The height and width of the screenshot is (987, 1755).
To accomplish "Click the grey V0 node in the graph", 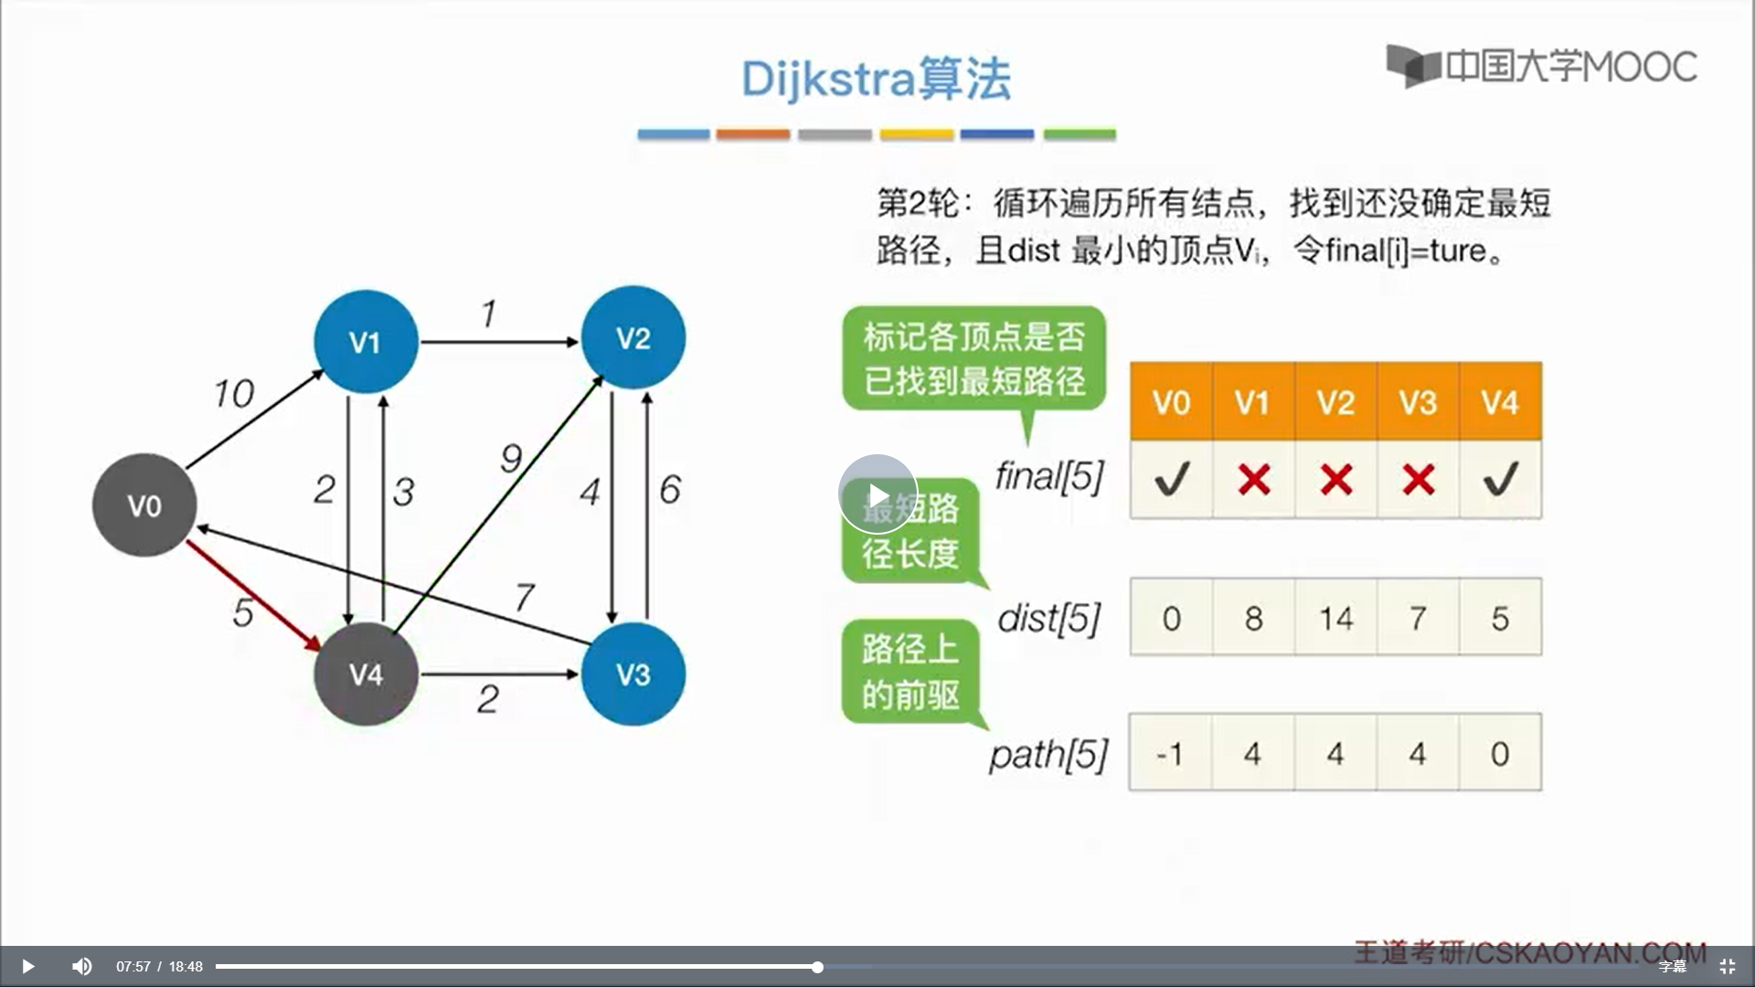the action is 144,505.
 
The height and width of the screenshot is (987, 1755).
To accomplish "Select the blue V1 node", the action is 366,342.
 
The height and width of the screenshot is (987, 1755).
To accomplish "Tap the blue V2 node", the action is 633,338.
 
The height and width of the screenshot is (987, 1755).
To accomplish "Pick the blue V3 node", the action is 633,674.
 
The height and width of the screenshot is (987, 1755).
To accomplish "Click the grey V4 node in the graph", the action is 366,674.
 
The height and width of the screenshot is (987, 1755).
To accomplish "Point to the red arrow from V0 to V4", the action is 254,596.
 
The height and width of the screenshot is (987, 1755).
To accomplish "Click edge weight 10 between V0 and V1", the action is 233,394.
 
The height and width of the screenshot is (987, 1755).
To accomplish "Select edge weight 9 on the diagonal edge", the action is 511,458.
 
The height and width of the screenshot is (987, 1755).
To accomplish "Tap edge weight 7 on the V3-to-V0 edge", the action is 524,598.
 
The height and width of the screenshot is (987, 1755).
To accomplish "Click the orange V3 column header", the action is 1418,402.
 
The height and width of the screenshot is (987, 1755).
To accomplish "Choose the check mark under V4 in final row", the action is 1500,479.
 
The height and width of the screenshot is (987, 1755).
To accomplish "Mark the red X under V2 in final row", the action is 1336,479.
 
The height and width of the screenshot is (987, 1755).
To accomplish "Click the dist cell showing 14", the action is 1336,617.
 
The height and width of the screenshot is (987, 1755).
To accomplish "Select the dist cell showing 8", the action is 1253,617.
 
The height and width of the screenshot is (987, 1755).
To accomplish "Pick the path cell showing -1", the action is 1171,752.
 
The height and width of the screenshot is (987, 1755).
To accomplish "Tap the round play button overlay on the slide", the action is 877,494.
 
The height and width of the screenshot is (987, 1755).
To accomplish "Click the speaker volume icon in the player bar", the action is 82,966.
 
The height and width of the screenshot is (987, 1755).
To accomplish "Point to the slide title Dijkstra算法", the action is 876,79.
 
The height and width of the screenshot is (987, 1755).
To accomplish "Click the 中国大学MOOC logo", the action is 1541,66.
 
